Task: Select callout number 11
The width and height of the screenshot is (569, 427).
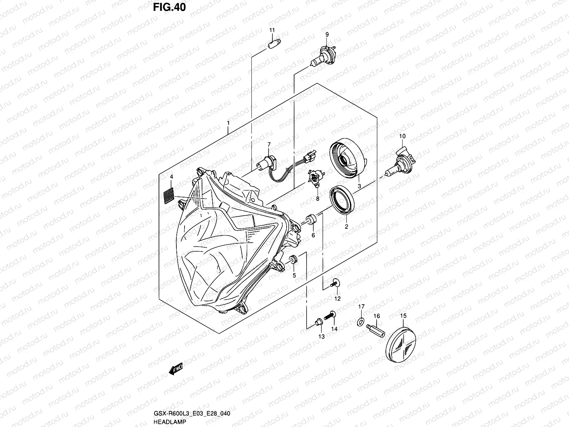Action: [272, 30]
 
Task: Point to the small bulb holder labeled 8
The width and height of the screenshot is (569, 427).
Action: [315, 178]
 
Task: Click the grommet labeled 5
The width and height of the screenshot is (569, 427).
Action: [294, 259]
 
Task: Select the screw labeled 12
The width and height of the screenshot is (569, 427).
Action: [335, 283]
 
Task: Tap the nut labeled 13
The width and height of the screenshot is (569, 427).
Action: [319, 322]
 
